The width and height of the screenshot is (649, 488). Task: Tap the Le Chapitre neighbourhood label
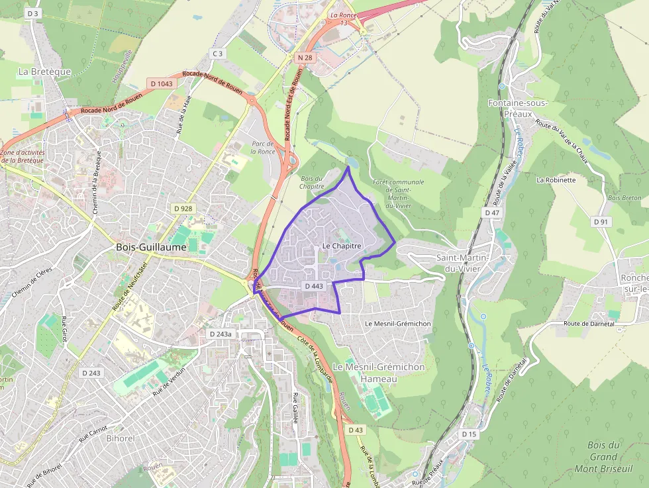pos(342,246)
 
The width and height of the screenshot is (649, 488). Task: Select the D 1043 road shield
pos(161,83)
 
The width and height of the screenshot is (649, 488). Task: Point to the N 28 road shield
pos(305,58)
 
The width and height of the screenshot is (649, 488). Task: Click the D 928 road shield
pos(183,209)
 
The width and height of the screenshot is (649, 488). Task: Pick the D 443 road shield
pos(314,286)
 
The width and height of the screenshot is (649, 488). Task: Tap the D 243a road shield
pos(221,334)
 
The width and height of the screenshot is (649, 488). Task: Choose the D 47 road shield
pos(491,213)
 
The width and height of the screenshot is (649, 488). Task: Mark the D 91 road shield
pos(601,221)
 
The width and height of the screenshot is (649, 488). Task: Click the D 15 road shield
pos(469,434)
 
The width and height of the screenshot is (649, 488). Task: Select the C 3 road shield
pos(217,53)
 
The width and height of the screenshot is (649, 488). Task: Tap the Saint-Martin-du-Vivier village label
pos(462,262)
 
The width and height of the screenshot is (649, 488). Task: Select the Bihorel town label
pos(121,438)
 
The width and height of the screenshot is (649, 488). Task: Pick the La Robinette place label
pos(556,179)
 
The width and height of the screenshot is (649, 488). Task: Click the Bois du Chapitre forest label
pos(312,182)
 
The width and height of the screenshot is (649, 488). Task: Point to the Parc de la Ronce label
pos(262,147)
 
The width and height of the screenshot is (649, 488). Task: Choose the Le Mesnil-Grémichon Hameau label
pos(378,372)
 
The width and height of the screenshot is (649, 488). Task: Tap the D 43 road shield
pos(355,430)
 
